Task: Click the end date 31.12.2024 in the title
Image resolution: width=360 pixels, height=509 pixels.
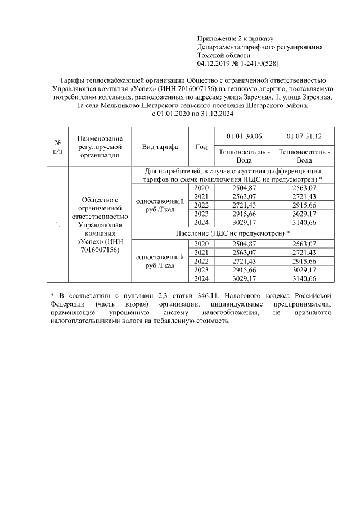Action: pos(214,114)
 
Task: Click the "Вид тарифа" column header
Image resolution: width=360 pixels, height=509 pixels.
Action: pos(160,147)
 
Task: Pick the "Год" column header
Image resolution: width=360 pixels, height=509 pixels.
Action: pos(201,147)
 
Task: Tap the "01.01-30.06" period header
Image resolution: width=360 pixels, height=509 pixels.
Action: pos(244,136)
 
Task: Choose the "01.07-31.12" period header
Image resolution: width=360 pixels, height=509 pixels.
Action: pos(304,136)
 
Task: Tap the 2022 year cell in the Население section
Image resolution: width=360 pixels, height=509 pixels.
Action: pos(201,262)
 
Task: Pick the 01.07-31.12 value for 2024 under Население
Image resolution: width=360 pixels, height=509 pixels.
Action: pos(304,278)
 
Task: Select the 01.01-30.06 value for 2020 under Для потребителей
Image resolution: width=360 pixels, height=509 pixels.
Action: pos(244,187)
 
